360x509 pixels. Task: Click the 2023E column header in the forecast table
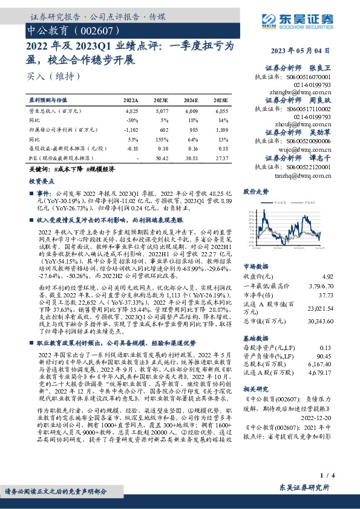coord(162,100)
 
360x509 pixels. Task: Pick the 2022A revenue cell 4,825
coord(131,112)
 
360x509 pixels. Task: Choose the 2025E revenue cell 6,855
coord(221,112)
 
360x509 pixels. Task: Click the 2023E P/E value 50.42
coord(162,157)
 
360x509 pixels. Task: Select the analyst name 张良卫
coord(320,68)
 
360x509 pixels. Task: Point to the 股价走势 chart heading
coord(255,192)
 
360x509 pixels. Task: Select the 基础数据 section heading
coord(255,339)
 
